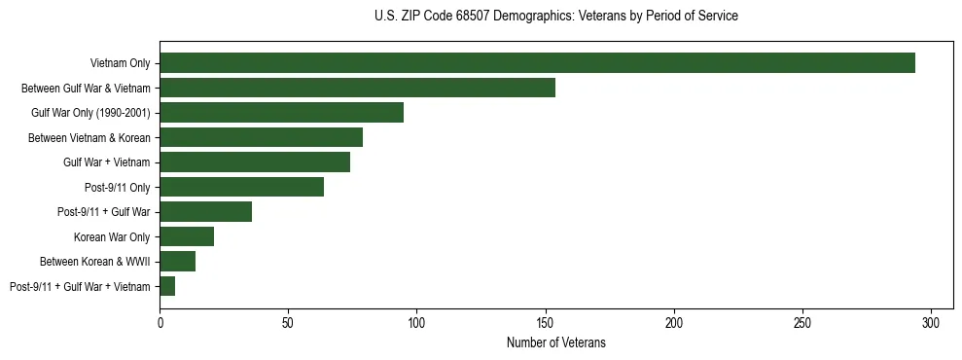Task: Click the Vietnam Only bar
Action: click(537, 63)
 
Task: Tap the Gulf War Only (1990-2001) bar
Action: click(281, 113)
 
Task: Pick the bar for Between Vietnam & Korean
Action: click(261, 137)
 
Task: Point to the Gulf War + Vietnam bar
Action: click(255, 162)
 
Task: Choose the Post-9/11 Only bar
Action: click(241, 187)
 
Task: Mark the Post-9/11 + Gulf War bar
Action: click(205, 212)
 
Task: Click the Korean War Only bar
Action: click(187, 236)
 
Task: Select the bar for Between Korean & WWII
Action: click(177, 262)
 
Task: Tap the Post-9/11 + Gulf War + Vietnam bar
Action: click(167, 286)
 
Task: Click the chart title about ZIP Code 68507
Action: click(555, 17)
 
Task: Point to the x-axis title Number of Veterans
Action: click(555, 342)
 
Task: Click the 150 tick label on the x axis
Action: click(546, 321)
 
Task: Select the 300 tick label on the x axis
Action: click(931, 321)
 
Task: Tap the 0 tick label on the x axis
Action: click(160, 321)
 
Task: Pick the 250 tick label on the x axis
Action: click(802, 321)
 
